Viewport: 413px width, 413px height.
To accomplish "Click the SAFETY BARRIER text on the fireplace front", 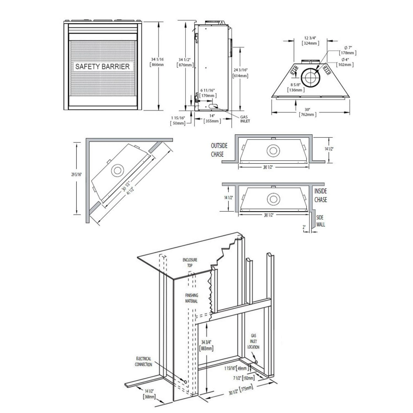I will point(102,67).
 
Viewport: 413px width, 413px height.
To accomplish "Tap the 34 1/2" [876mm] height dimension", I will point(185,63).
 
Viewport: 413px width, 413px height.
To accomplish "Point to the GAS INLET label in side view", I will point(245,119).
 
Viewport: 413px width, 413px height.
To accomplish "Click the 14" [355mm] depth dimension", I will point(212,118).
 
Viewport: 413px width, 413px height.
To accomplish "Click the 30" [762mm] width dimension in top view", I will point(307,112).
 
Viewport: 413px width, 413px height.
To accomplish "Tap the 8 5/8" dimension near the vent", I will point(296,87).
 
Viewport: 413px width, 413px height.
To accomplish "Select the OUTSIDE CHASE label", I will point(219,150).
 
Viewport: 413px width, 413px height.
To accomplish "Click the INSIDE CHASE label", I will point(320,195).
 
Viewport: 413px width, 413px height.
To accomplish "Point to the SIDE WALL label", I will point(320,221).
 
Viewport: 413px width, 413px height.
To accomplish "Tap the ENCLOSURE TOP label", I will point(190,263).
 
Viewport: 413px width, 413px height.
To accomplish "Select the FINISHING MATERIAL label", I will point(191,298).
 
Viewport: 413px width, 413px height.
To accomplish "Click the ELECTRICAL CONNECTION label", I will point(143,362).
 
